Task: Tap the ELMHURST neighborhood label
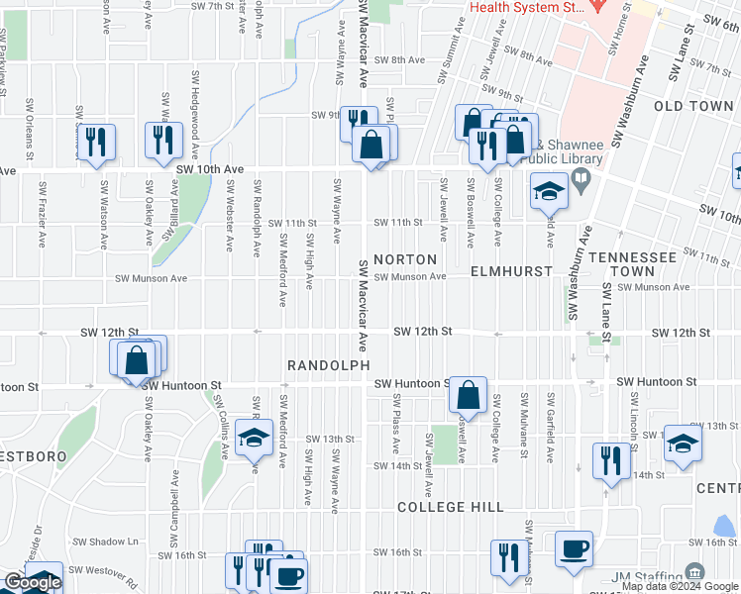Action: pyautogui.click(x=509, y=270)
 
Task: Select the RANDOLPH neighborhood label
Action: pyautogui.click(x=328, y=365)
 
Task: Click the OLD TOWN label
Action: pyautogui.click(x=693, y=106)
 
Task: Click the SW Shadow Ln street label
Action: pyautogui.click(x=106, y=542)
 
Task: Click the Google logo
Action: pyautogui.click(x=33, y=583)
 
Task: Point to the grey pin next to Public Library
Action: pyautogui.click(x=581, y=180)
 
